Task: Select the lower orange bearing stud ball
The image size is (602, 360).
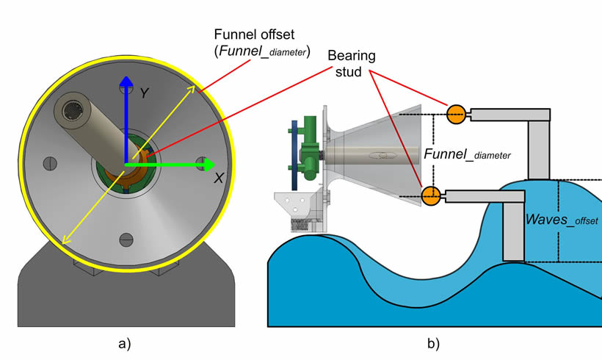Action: click(x=431, y=195)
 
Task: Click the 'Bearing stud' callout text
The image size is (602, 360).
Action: click(x=350, y=63)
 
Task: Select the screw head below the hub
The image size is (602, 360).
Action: click(x=126, y=237)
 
